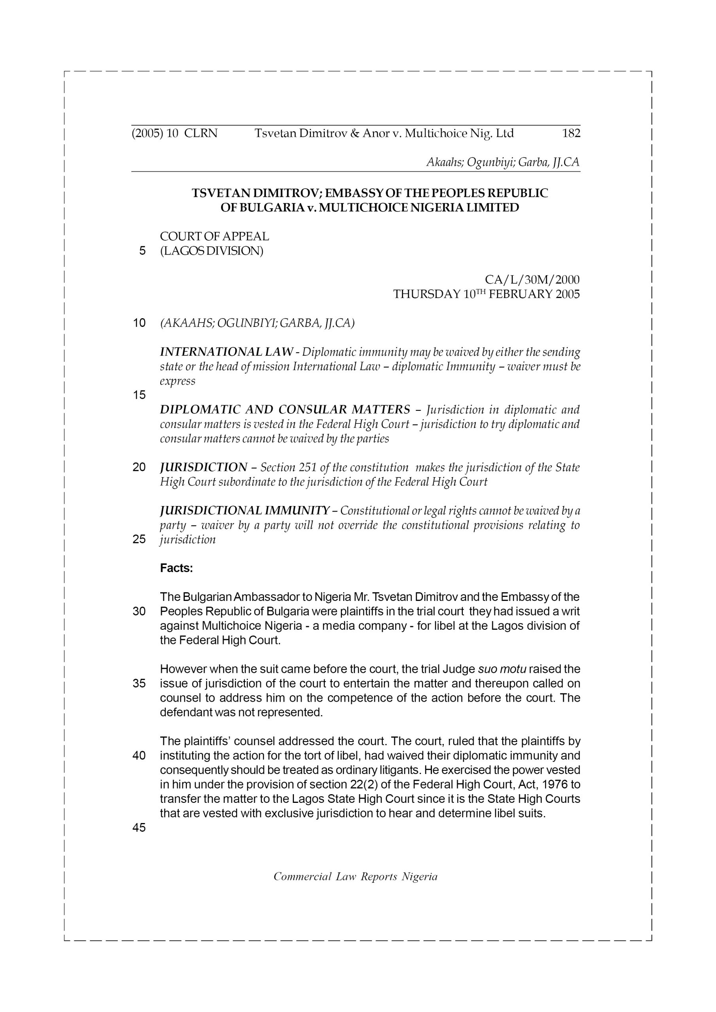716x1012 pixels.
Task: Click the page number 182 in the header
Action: (x=571, y=133)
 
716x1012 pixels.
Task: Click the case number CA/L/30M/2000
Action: (x=532, y=279)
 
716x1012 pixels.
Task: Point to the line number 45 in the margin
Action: (x=139, y=828)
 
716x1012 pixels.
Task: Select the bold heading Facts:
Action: (x=176, y=568)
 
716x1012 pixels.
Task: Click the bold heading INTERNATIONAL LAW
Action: (x=226, y=352)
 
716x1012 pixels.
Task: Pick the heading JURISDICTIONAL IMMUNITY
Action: (x=244, y=510)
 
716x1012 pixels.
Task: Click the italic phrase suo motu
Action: (x=502, y=669)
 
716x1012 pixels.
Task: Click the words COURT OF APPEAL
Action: (x=214, y=236)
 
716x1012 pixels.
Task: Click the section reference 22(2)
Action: (x=350, y=785)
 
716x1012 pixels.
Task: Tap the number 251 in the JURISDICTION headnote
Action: (x=308, y=467)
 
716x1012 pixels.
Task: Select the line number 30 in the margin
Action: (x=139, y=611)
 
